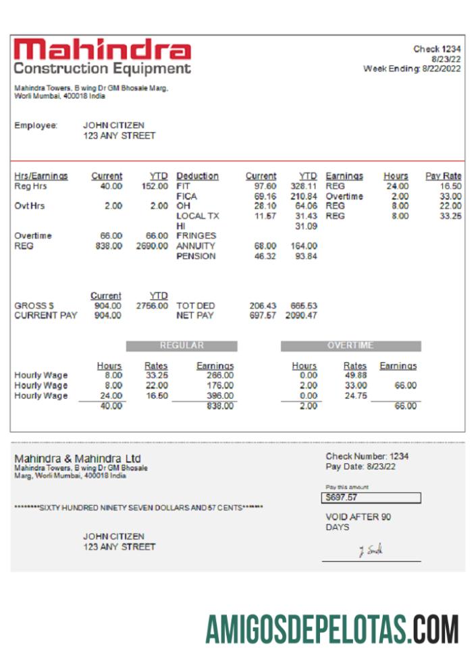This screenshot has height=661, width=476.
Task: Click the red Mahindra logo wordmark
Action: point(102,50)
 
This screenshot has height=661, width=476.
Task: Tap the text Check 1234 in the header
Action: point(437,49)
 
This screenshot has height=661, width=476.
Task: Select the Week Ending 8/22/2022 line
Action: point(412,69)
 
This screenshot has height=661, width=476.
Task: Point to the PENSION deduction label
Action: point(196,256)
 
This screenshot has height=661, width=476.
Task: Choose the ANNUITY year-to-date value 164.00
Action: point(304,246)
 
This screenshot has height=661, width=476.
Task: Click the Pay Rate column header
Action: point(443,176)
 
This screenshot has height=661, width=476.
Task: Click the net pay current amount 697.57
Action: point(263,316)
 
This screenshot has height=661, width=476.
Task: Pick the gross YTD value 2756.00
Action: point(153,306)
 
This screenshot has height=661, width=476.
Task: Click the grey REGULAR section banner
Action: point(182,346)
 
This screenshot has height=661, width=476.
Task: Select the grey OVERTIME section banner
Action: point(350,346)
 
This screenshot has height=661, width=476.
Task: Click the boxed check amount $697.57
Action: point(371,498)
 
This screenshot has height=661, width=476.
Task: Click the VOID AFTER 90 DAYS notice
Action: point(358,522)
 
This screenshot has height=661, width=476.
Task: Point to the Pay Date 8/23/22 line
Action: point(361,466)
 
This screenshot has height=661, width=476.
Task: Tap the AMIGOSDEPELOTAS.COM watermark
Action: point(332,629)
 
